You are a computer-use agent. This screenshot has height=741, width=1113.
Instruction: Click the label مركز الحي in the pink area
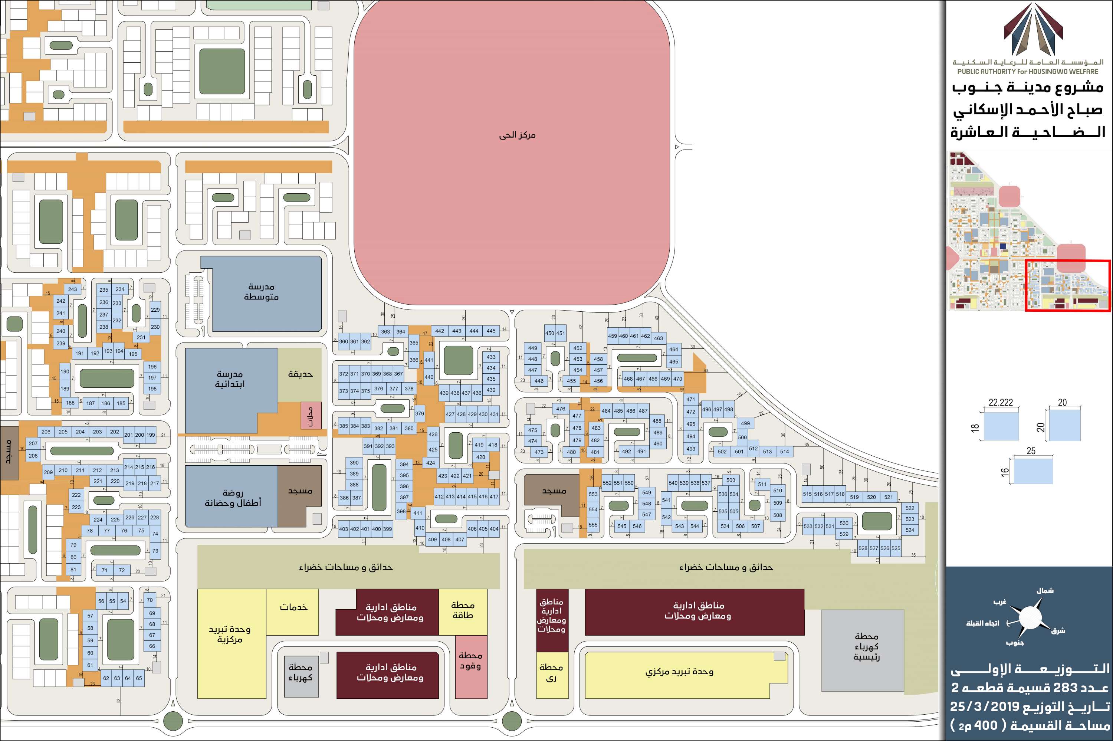517,135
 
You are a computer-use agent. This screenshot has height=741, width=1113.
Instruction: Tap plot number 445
491,331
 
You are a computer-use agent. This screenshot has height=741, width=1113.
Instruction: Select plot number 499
745,423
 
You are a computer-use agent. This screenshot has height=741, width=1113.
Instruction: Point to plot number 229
155,310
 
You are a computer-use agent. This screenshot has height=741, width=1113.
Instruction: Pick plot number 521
889,497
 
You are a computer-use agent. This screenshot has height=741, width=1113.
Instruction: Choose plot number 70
150,600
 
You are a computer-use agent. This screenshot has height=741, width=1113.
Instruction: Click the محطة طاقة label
463,610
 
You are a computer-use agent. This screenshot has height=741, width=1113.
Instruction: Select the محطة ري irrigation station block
551,673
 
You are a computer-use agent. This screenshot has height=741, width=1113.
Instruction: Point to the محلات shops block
311,416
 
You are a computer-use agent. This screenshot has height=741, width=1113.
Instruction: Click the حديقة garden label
300,374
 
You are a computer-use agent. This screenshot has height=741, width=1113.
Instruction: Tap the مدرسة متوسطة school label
261,292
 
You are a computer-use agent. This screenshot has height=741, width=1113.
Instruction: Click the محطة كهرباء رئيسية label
866,646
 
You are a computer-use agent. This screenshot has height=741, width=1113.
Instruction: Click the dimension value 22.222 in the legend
1001,403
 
